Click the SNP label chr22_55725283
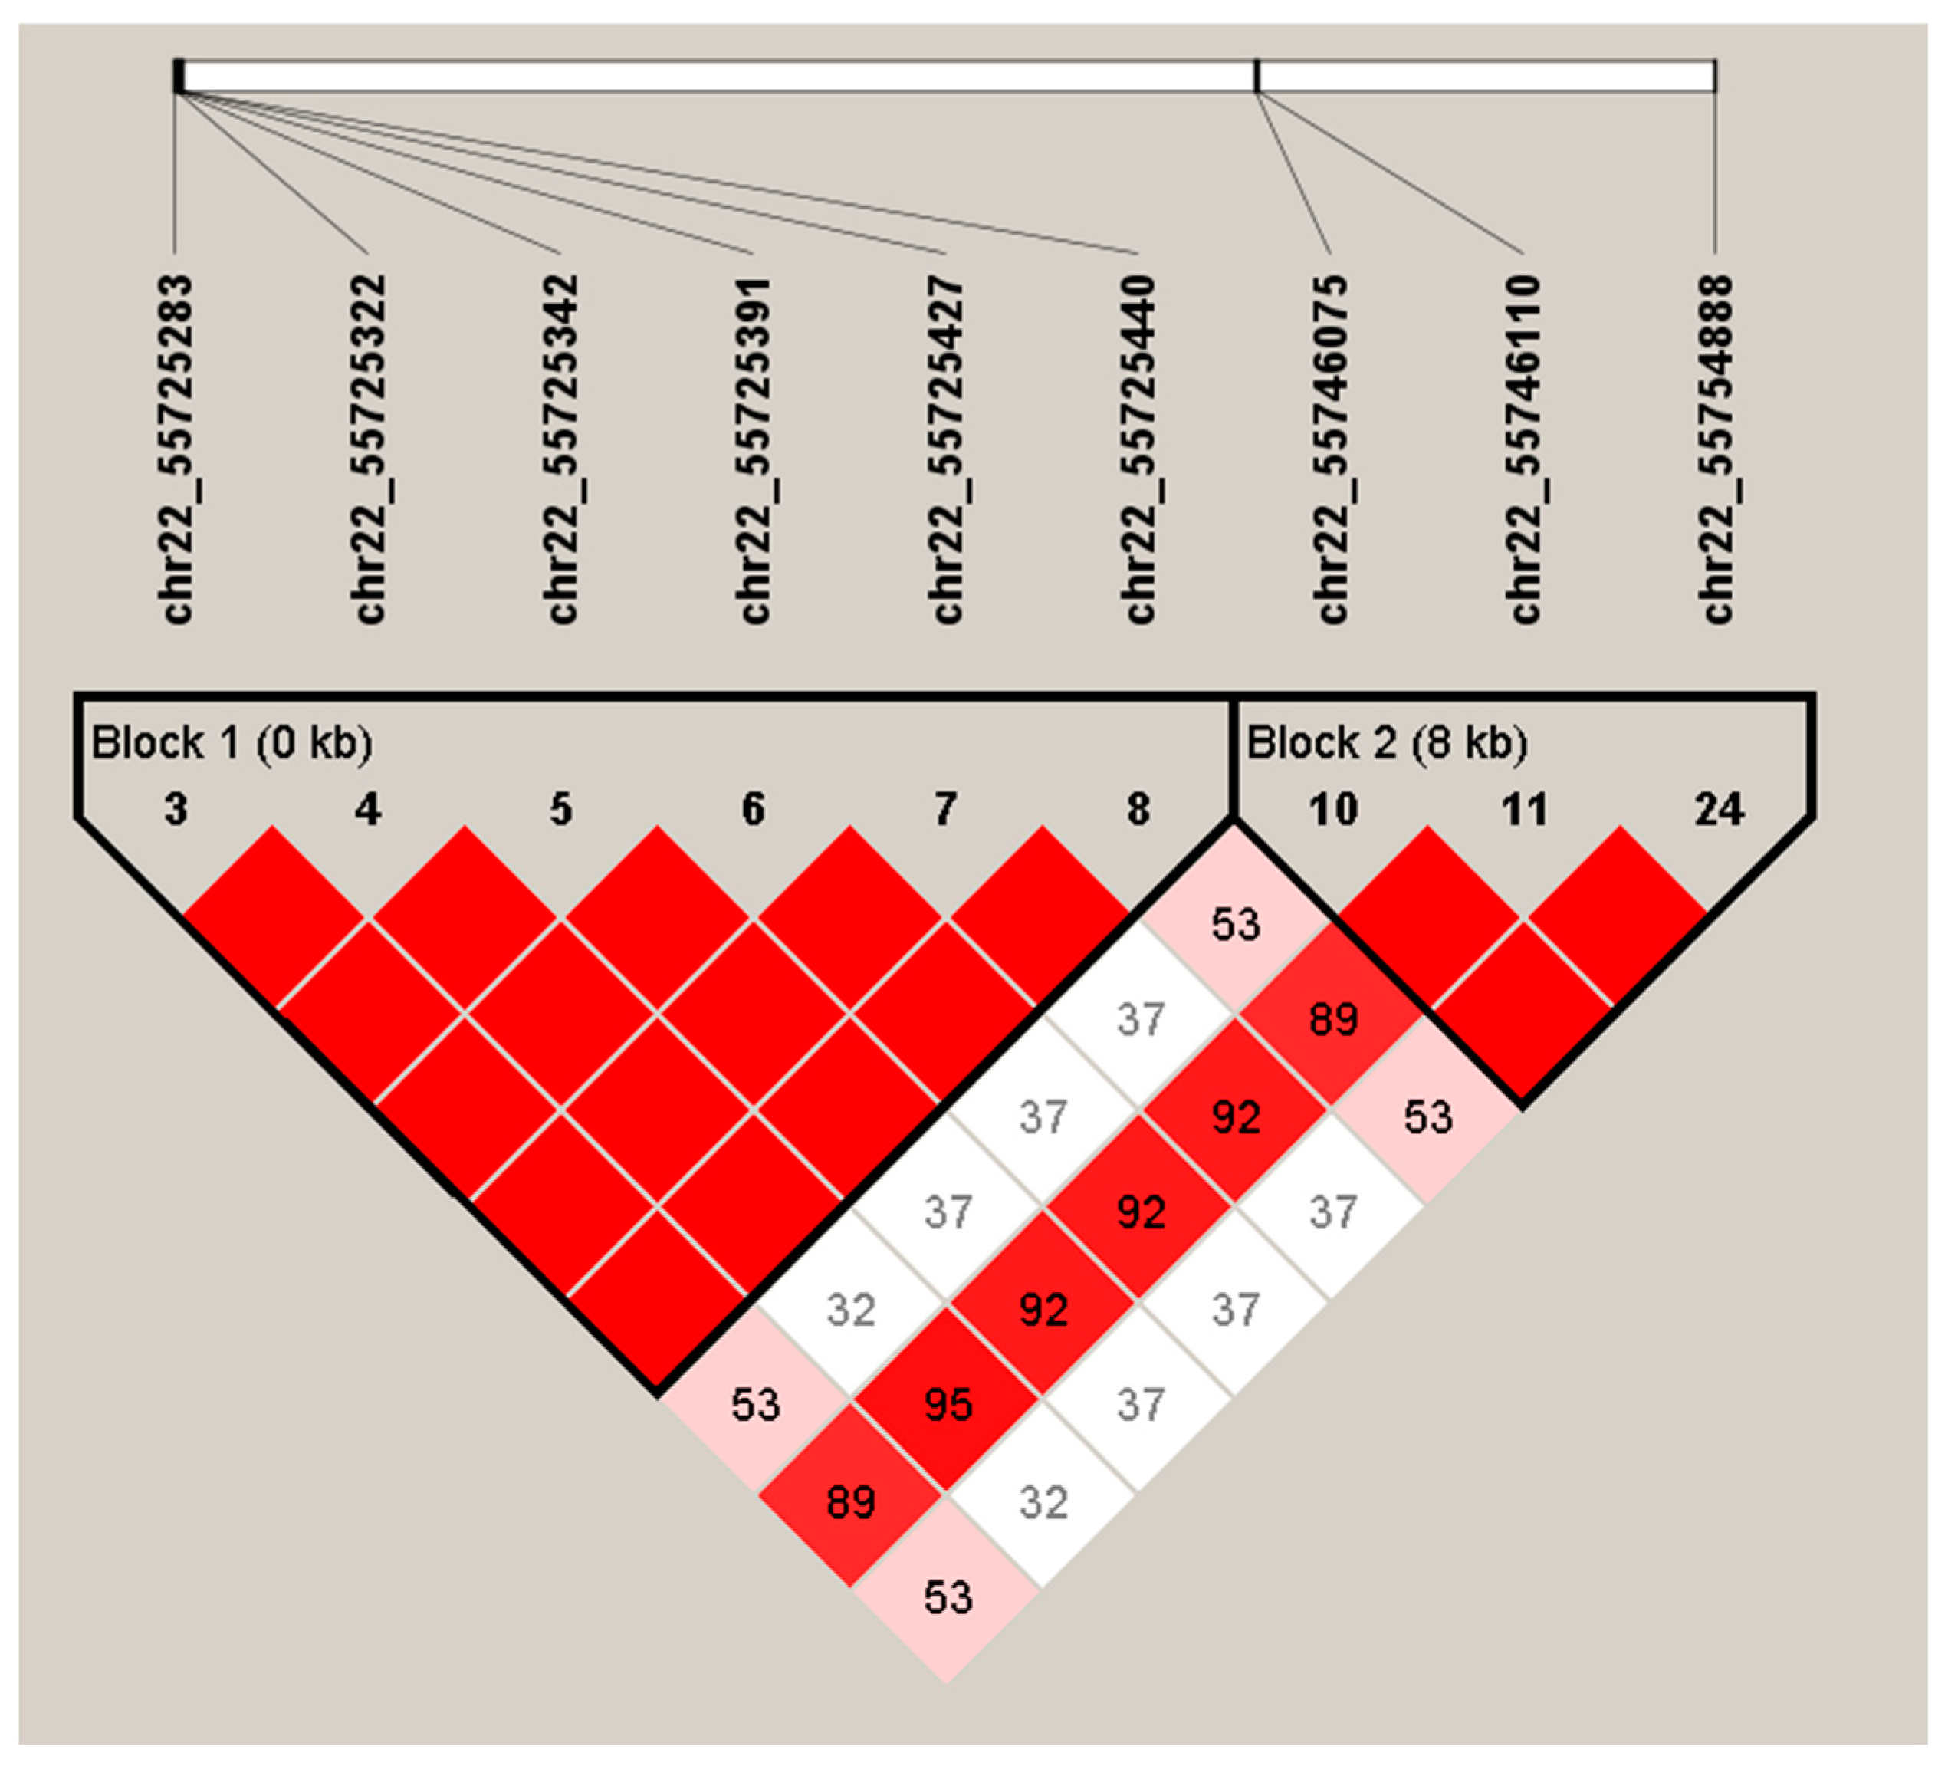[x=178, y=449]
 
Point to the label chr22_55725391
[x=754, y=449]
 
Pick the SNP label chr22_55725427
[x=947, y=449]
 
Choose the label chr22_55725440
[x=1139, y=449]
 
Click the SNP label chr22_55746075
[x=1332, y=449]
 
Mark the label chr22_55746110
[x=1524, y=449]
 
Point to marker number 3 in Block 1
[x=176, y=809]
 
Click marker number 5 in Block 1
[x=561, y=809]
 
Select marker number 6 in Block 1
[x=754, y=809]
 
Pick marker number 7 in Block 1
[x=946, y=809]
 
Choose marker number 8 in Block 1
[x=1139, y=809]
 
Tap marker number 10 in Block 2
[x=1333, y=809]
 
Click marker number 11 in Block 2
[x=1525, y=809]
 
